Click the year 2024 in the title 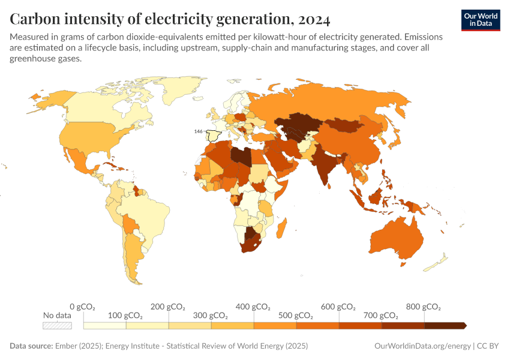(x=313, y=20)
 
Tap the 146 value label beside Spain (x=198, y=131)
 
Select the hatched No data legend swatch (x=57, y=325)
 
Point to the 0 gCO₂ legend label (x=82, y=307)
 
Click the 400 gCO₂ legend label (x=253, y=307)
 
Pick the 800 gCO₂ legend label (x=424, y=307)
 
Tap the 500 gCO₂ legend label (x=296, y=316)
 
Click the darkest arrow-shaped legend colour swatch (x=445, y=325)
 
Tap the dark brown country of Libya (x=241, y=155)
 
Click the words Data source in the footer (x=31, y=346)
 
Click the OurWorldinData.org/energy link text (x=422, y=346)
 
